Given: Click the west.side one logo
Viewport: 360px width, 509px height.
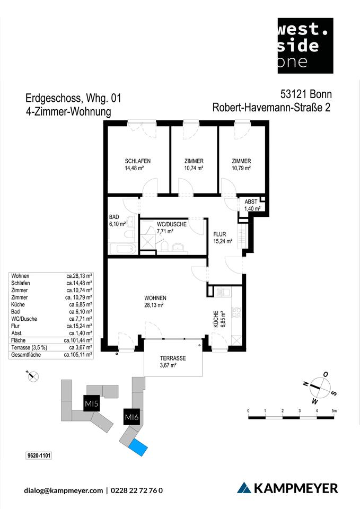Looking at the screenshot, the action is tap(305, 46).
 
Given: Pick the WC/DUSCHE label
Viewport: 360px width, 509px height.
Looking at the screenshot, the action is tap(171, 224).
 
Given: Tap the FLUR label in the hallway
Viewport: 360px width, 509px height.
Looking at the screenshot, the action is tap(221, 234).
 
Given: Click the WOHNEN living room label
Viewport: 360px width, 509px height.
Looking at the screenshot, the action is tap(155, 298).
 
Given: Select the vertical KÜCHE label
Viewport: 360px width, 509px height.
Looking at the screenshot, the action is tap(216, 320).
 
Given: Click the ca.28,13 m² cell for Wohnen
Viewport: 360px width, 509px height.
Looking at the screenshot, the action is tap(80, 276).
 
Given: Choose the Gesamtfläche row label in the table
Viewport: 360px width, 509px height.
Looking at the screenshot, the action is tap(26, 354).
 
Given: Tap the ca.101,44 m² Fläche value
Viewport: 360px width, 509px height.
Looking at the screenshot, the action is tap(78, 340).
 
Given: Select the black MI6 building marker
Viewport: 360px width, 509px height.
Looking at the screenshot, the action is tap(131, 417).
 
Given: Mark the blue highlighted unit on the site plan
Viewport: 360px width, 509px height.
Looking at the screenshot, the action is tap(138, 447).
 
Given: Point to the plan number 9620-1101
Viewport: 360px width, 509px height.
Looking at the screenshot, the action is tap(38, 455).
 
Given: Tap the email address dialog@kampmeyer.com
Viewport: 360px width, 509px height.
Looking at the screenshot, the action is tap(64, 490).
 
